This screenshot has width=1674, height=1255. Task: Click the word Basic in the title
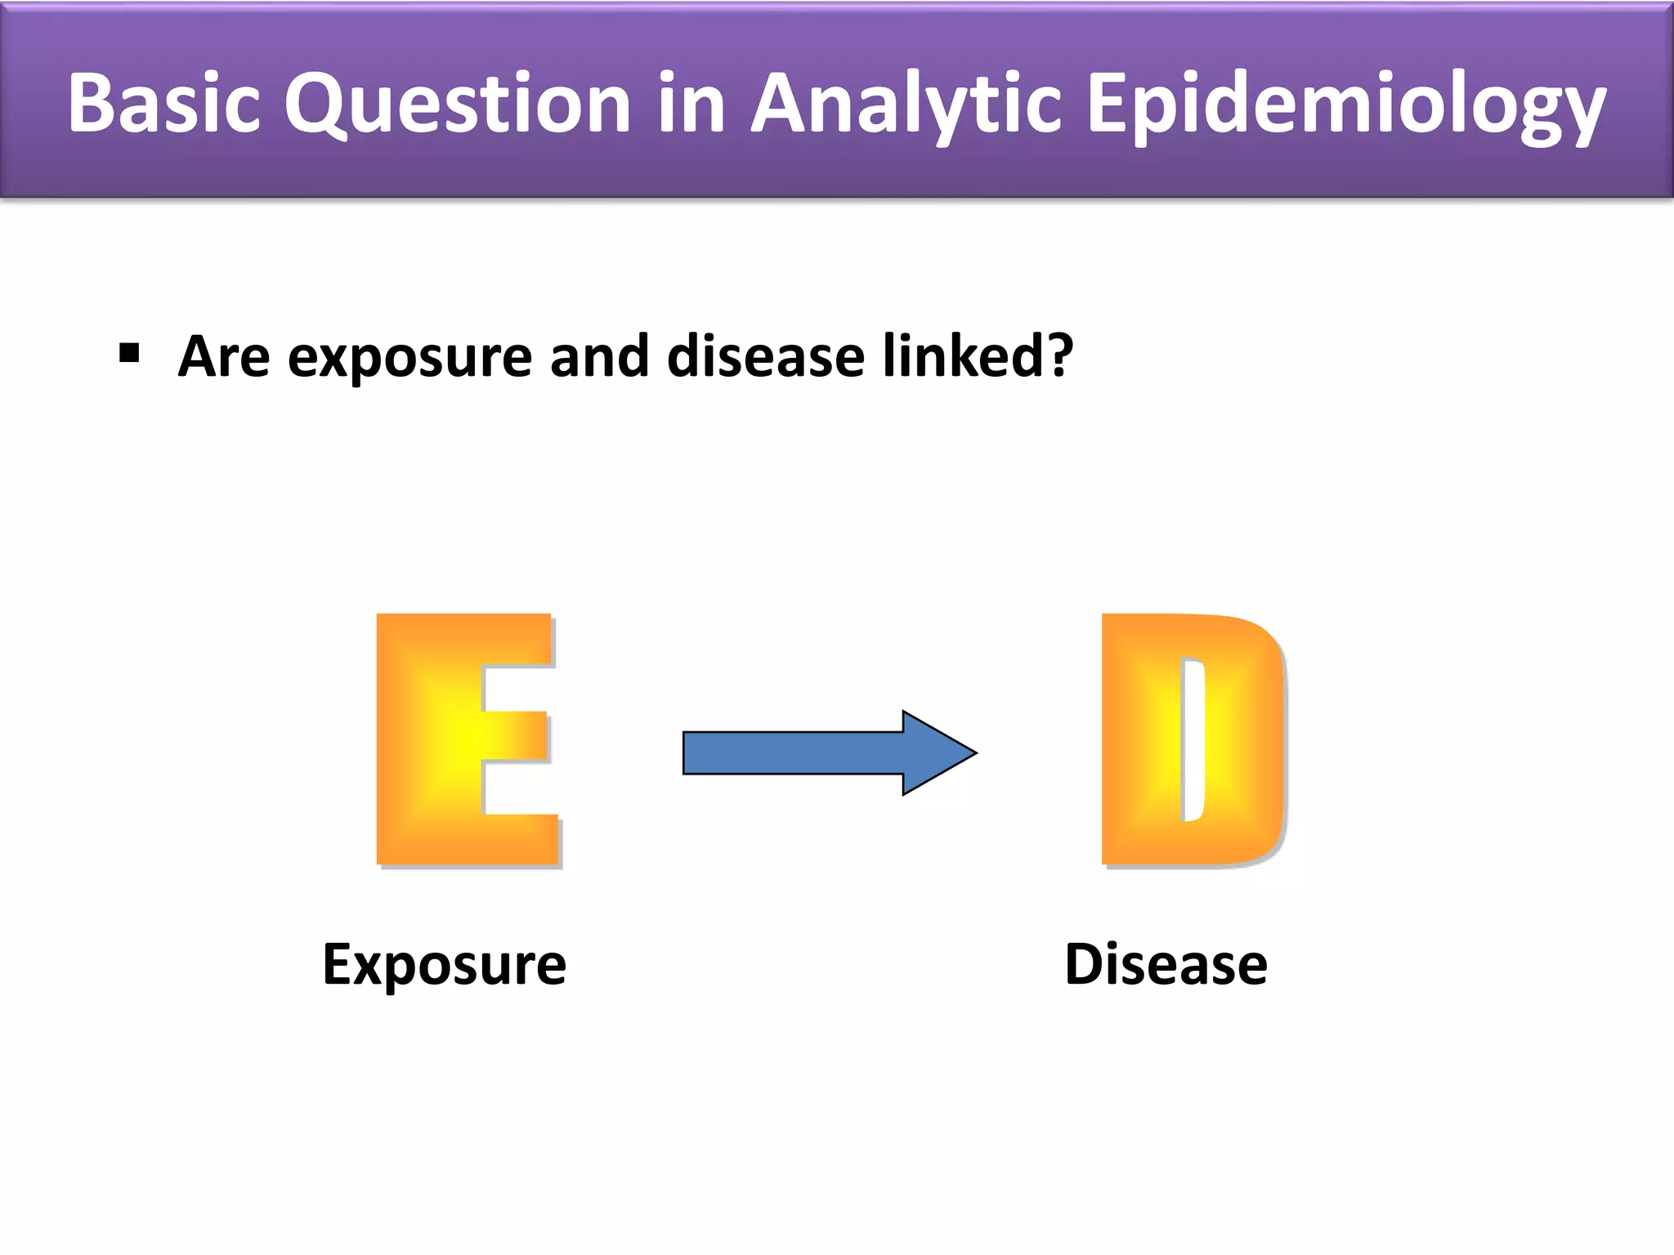[x=163, y=104]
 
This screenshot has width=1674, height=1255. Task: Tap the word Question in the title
[x=458, y=104]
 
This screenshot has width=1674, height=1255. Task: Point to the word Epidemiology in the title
[x=1345, y=104]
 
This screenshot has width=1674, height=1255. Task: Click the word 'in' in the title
[x=692, y=104]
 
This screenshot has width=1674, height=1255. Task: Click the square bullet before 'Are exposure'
[x=129, y=354]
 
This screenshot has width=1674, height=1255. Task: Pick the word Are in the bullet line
[x=223, y=357]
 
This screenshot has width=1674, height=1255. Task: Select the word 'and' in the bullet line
[x=599, y=357]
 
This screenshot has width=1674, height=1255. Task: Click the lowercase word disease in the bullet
[x=765, y=357]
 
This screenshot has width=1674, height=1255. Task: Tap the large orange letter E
[x=425, y=739]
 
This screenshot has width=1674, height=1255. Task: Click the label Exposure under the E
[x=444, y=965]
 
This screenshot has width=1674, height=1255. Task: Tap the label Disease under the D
[x=1166, y=965]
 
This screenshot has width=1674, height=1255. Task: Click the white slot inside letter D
[x=1194, y=739]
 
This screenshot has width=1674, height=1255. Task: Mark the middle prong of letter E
[x=515, y=737]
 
